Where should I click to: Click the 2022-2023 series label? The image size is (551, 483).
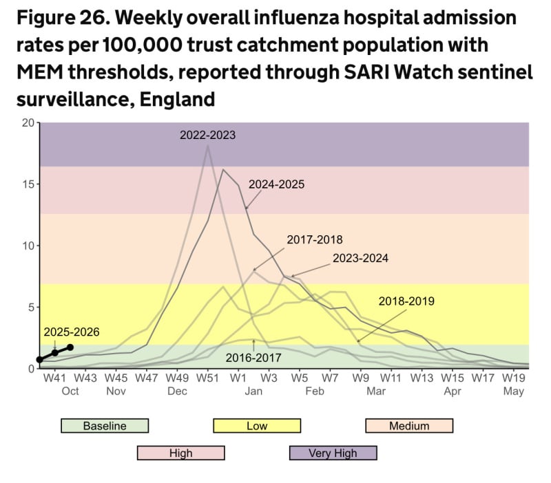click(207, 136)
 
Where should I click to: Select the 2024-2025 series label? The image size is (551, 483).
click(276, 185)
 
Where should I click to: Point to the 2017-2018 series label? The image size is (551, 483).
click(315, 240)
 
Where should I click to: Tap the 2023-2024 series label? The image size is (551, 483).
click(360, 259)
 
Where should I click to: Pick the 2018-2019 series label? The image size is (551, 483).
click(406, 301)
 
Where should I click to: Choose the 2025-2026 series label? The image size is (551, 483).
click(72, 332)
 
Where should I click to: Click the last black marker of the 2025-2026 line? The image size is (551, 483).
click(70, 347)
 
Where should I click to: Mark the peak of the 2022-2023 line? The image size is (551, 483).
click(207, 145)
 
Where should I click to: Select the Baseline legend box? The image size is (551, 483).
click(105, 426)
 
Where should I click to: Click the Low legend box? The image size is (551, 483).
click(257, 426)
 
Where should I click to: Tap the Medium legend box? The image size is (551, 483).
click(409, 426)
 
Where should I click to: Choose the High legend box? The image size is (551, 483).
click(180, 453)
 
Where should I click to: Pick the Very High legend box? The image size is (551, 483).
click(333, 453)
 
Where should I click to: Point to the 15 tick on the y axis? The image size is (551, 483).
click(28, 184)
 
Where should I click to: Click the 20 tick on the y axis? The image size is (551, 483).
click(28, 123)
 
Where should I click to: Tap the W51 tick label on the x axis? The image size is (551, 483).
click(207, 378)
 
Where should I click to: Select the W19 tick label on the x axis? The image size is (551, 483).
click(513, 378)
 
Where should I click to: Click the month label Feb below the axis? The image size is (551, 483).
click(315, 391)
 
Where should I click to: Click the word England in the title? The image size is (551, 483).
click(178, 99)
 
